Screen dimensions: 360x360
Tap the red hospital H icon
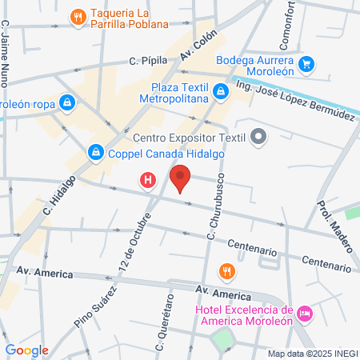pos(147,182)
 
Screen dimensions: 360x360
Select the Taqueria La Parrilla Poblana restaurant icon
pos(78,16)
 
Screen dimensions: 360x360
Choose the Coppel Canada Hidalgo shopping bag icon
pos(95,151)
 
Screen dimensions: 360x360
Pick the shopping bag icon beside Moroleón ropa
pos(67,103)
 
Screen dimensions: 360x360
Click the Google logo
pos(26,350)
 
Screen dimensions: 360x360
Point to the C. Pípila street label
pos(148,60)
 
